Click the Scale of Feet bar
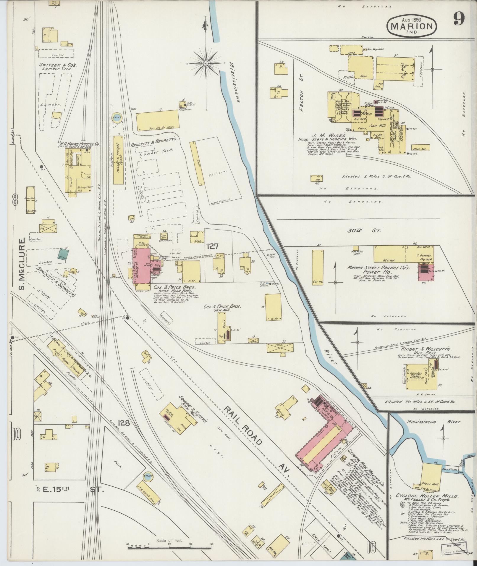170,548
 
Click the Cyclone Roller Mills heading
423,496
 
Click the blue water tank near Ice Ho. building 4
117,116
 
